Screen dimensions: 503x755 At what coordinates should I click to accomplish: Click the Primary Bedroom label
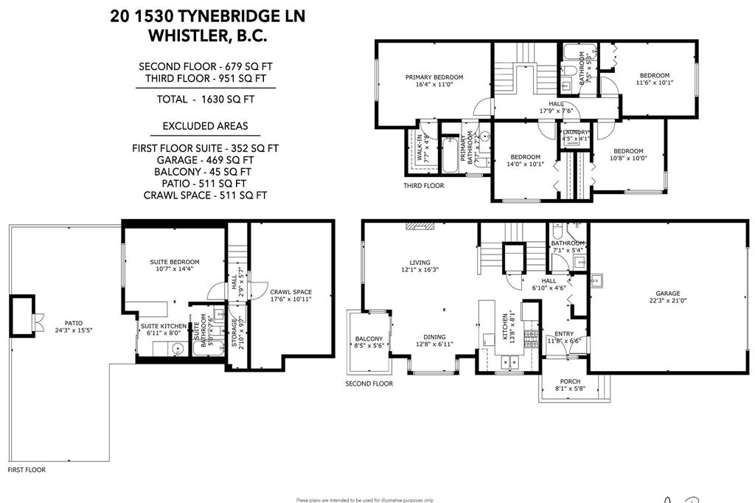pyautogui.click(x=434, y=77)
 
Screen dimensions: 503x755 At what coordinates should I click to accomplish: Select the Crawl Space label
pyautogui.click(x=290, y=292)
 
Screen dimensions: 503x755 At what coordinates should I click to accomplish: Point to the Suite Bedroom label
pyautogui.click(x=175, y=262)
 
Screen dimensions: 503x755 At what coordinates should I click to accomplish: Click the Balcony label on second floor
pyautogui.click(x=369, y=339)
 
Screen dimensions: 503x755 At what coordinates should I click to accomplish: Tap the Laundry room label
pyautogui.click(x=576, y=132)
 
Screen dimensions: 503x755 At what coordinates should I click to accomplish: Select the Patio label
pyautogui.click(x=73, y=322)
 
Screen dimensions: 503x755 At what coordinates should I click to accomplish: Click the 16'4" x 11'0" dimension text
pyautogui.click(x=434, y=85)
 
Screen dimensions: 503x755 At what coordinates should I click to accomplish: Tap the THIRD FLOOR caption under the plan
pyautogui.click(x=424, y=186)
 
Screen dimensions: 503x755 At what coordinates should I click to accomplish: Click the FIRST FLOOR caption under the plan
pyautogui.click(x=27, y=470)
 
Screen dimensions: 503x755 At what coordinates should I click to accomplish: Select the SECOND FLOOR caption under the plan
pyautogui.click(x=369, y=384)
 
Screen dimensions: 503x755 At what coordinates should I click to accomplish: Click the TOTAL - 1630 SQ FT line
pyautogui.click(x=206, y=99)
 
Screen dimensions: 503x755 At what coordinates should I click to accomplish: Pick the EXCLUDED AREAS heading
pyautogui.click(x=206, y=126)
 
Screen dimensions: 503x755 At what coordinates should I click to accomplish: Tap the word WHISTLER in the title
pyautogui.click(x=184, y=34)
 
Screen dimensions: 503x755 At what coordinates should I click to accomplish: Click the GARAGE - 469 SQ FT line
pyautogui.click(x=206, y=159)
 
